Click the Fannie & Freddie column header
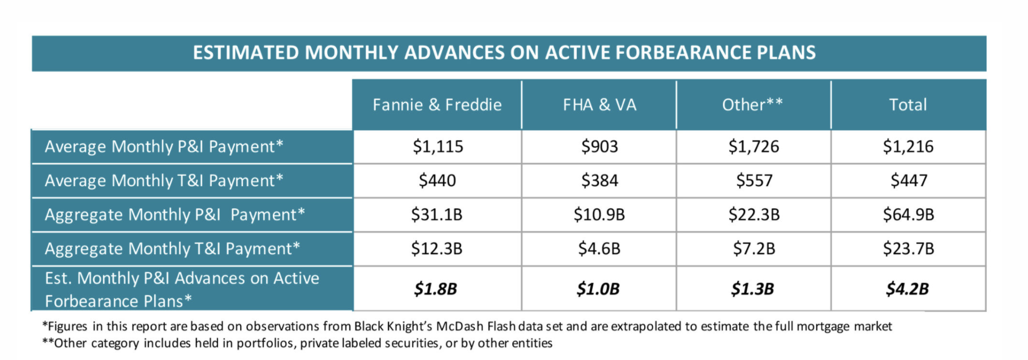437,105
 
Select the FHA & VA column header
599,105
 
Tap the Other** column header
752,105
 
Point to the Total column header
908,105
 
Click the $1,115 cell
438,147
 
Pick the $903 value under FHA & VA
599,147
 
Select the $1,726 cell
753,147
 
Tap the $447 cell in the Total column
909,181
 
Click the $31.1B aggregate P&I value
436,215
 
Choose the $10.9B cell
599,215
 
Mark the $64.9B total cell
909,215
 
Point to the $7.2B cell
753,248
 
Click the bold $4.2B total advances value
907,289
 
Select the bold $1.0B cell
598,289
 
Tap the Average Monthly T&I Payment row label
164,181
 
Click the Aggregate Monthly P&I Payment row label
174,215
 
